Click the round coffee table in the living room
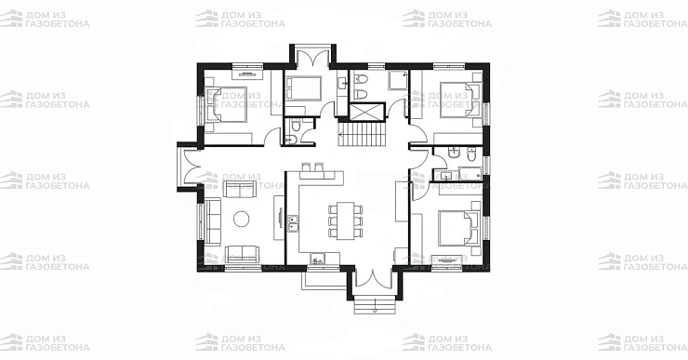242,219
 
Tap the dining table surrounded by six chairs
345,220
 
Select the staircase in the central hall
361,134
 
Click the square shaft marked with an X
367,112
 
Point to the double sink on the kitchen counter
293,223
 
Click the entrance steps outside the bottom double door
375,305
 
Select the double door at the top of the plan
312,59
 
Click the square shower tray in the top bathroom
399,80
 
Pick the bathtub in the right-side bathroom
470,173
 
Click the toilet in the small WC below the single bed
296,127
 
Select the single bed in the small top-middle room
303,88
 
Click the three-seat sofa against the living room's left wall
213,220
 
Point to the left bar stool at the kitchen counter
307,167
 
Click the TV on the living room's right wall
280,219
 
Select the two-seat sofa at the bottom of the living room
242,254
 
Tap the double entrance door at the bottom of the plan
373,280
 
